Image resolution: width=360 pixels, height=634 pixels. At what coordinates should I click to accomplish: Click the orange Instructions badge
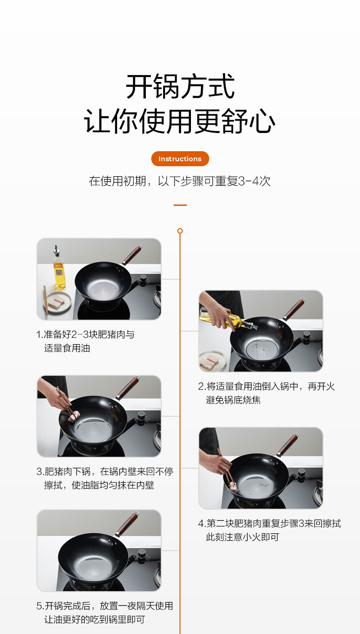tap(180, 159)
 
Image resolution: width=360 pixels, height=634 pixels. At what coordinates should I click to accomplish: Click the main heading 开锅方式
tap(180, 87)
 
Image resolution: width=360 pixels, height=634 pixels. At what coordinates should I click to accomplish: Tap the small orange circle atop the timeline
tap(180, 231)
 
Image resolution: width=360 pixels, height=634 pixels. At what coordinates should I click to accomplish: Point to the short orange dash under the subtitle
tap(180, 205)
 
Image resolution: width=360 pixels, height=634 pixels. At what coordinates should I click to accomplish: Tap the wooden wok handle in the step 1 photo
tap(132, 255)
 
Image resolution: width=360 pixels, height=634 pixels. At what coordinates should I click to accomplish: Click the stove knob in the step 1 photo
tap(144, 280)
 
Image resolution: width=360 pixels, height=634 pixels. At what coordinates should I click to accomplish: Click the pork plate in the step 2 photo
tap(212, 361)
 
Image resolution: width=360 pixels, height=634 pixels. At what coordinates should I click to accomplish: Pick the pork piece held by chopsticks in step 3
tap(74, 417)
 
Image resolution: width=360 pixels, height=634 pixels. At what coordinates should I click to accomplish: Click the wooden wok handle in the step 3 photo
tap(128, 388)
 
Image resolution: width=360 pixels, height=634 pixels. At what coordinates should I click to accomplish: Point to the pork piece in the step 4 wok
tap(233, 486)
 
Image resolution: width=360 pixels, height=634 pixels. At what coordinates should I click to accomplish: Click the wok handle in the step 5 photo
tap(127, 525)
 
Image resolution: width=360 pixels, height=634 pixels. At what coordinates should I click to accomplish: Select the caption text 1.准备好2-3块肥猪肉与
tap(85, 335)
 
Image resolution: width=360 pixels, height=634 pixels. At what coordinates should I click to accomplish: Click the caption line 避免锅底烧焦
tap(233, 400)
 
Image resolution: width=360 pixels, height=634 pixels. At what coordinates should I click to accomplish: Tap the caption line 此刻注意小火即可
tap(242, 537)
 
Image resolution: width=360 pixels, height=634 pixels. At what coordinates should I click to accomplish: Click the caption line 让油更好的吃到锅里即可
tap(95, 619)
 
